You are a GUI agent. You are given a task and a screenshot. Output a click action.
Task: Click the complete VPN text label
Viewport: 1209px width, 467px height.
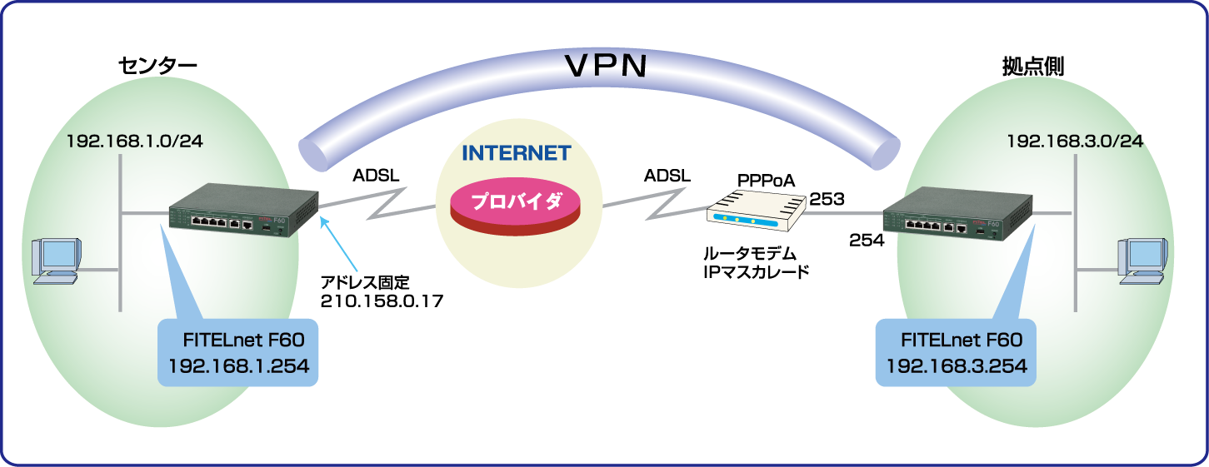tap(605, 66)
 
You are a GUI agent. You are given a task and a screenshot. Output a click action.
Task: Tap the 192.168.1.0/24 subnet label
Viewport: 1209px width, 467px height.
tap(135, 142)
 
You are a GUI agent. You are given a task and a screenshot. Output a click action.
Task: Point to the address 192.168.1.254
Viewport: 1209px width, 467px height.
tap(238, 365)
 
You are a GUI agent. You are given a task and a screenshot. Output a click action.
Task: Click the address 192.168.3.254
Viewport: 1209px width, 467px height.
tap(956, 365)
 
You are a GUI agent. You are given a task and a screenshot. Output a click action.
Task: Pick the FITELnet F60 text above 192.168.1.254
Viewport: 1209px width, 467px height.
tap(238, 340)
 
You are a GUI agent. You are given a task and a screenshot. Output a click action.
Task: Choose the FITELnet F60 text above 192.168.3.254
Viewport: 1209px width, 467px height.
tap(956, 340)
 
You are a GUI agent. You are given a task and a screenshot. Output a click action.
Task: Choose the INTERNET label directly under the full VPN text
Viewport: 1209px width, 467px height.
tap(517, 153)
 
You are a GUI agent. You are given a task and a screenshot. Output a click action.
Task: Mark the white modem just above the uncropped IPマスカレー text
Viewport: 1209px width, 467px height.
tap(757, 211)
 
